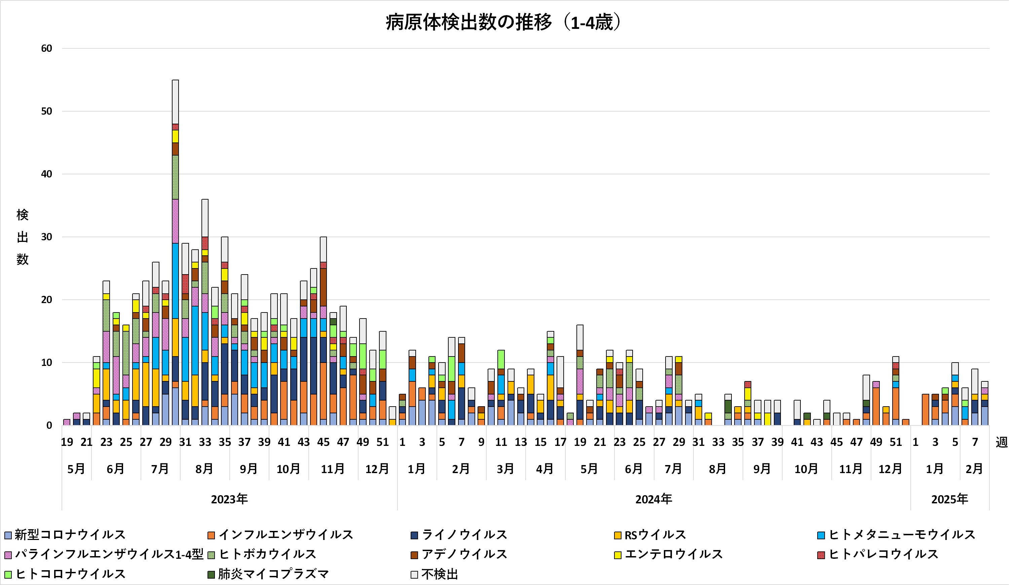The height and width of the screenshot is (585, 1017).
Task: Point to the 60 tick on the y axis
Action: tap(47, 49)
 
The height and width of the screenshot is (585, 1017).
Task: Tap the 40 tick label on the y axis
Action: tap(47, 174)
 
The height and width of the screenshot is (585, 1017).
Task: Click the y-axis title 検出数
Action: tap(23, 237)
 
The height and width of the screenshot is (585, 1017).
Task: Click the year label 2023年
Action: tap(229, 499)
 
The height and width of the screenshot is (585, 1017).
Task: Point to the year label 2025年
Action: tap(949, 499)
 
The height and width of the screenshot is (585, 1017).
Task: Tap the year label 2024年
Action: tap(653, 499)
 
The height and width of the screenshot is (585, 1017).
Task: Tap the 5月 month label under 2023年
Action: tap(76, 469)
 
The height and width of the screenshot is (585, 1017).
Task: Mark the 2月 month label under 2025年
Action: tap(974, 469)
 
